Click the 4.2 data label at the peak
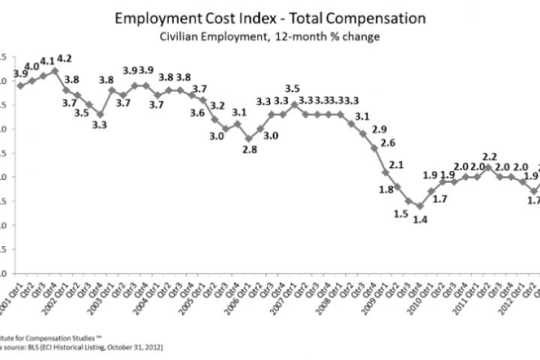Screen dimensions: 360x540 (x=64, y=57)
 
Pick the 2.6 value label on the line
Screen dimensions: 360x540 (x=388, y=142)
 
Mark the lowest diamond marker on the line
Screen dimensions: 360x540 (x=420, y=205)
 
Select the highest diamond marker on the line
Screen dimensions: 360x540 (x=55, y=71)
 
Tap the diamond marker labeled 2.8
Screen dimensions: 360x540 (x=249, y=139)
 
